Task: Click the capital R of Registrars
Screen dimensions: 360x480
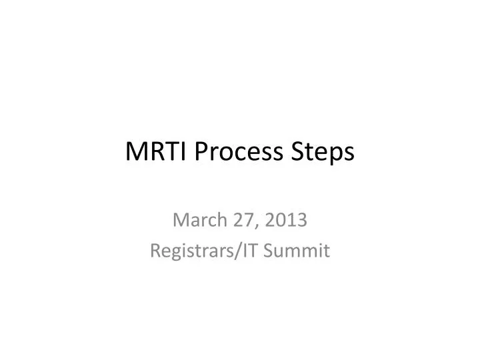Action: point(156,251)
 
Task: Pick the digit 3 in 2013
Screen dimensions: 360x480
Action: point(303,220)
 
